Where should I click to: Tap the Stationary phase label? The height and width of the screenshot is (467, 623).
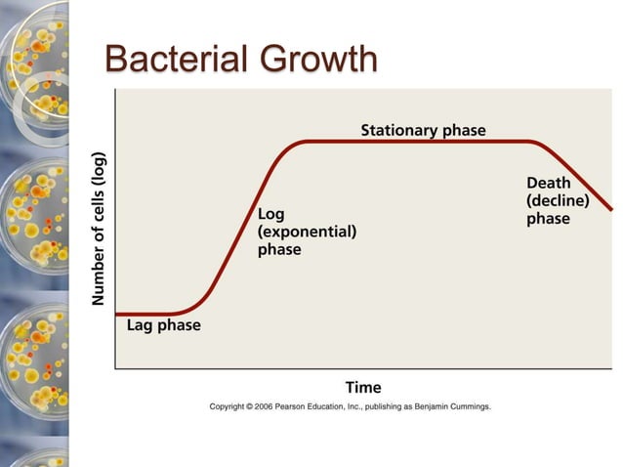(x=423, y=130)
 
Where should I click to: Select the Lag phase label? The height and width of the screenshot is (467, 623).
(x=163, y=325)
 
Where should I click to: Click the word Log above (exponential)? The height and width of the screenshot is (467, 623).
(x=270, y=214)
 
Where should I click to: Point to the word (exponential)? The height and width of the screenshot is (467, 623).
(x=307, y=232)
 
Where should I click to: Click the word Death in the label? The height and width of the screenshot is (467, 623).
(x=548, y=183)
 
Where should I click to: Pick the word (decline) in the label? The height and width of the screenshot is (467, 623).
(x=557, y=200)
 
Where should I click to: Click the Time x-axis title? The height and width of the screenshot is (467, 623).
(x=363, y=387)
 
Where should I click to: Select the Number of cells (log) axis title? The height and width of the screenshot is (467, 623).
(x=99, y=229)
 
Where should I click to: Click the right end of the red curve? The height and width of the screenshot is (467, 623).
(x=611, y=209)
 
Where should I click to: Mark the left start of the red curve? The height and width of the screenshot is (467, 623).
(x=117, y=314)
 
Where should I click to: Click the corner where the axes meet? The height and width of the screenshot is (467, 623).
(x=115, y=368)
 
